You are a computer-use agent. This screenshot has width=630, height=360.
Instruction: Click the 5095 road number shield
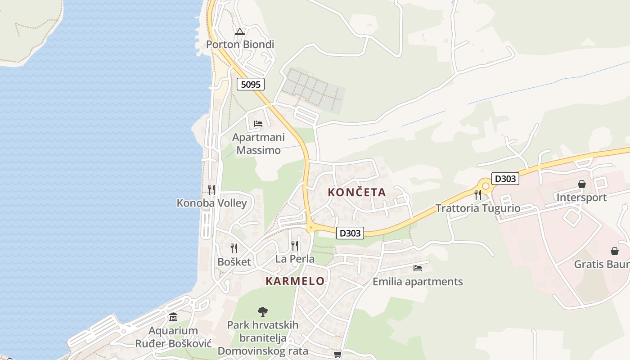pos(251,84)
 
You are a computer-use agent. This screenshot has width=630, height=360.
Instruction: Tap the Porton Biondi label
pos(240,45)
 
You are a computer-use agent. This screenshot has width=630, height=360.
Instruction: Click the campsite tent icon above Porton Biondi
pos(239,31)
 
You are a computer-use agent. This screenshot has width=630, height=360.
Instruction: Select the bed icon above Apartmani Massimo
pos(258,123)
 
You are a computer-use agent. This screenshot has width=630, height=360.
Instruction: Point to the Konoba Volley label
pos(211,203)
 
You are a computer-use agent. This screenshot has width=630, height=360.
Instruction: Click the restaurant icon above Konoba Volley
pos(211,189)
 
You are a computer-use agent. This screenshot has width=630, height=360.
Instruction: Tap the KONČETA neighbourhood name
pos(357,192)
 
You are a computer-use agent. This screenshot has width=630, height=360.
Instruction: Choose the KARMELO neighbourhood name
pos(295,281)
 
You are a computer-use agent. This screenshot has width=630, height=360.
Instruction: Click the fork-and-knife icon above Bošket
pos(234,248)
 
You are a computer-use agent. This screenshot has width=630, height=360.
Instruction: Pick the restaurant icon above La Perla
pos(295,245)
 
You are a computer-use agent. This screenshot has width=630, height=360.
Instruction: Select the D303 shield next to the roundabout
pos(505,179)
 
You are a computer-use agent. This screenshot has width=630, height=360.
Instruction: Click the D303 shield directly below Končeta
pos(350,233)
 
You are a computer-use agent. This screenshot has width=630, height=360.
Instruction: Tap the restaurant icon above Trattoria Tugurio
pos(478,194)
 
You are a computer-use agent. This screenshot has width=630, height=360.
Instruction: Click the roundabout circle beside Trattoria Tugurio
pos(486,185)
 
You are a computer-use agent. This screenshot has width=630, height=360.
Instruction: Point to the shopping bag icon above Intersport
pos(581,184)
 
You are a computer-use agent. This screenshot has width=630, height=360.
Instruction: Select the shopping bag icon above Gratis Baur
pos(614,251)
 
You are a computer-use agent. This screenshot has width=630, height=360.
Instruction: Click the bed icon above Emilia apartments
pos(418,268)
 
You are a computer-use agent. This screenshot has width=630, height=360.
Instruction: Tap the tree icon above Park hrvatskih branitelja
pos(263,311)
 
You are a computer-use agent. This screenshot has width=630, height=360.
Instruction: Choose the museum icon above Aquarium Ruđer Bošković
pos(173,317)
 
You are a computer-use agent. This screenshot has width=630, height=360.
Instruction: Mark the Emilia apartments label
pos(418,282)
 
